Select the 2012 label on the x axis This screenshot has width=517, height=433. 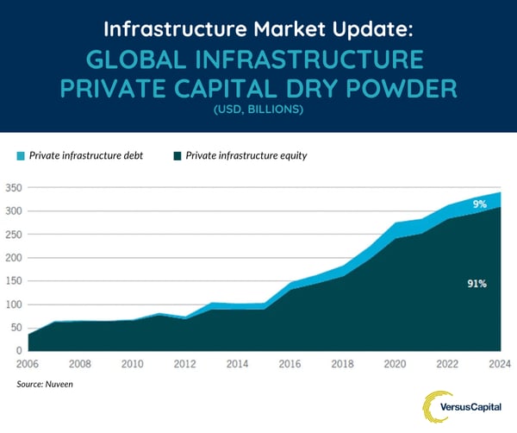click(185, 364)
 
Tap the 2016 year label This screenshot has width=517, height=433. click(290, 364)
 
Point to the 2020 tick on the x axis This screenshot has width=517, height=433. click(396, 364)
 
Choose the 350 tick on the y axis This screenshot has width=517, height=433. click(14, 187)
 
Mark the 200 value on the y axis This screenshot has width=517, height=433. click(14, 258)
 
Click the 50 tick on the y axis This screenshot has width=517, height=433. click(16, 328)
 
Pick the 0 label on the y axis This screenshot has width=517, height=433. click(19, 351)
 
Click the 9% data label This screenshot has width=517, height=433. click(479, 204)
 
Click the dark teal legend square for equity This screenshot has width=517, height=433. click(178, 155)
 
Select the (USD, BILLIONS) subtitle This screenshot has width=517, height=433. click(258, 110)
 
